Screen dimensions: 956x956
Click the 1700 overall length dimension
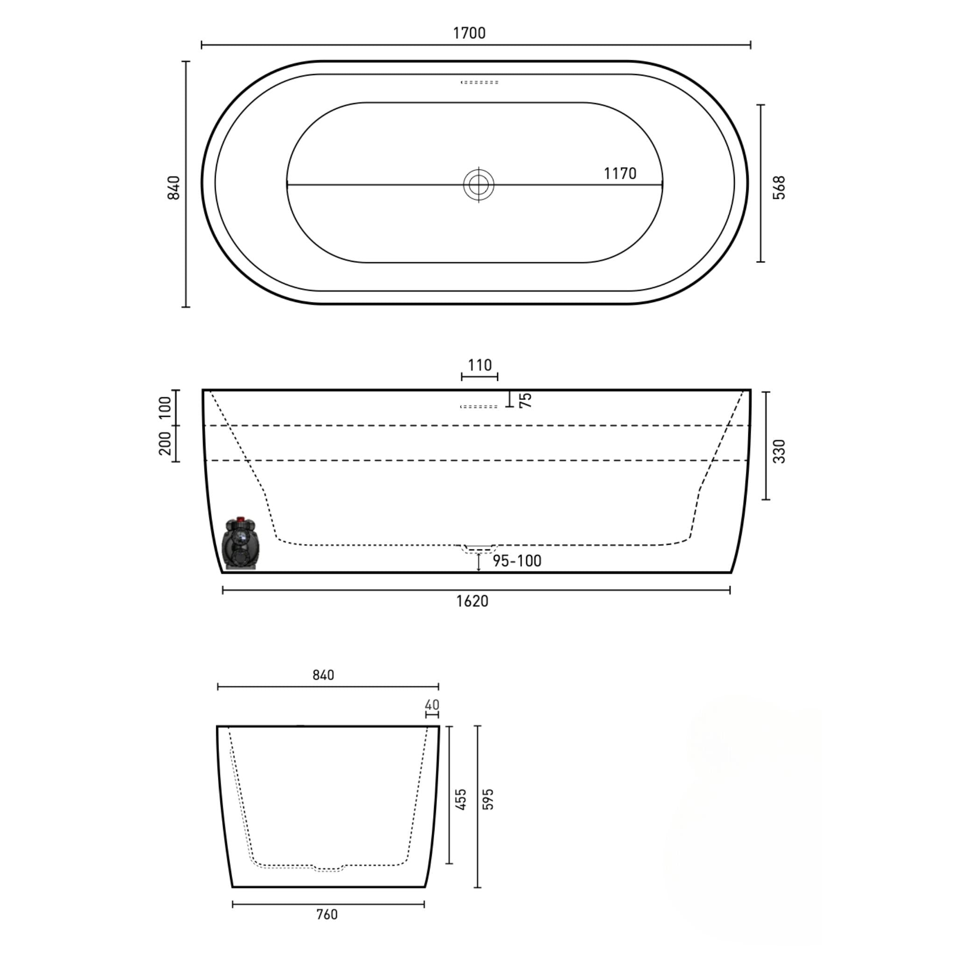click(469, 33)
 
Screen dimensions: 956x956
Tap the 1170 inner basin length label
click(619, 174)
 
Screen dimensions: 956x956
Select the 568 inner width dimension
click(779, 188)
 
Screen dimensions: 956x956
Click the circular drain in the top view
click(478, 184)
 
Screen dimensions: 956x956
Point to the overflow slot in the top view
click(479, 82)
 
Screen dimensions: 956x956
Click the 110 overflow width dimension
click(479, 365)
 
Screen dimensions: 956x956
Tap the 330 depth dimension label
click(779, 451)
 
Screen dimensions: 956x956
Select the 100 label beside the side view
click(165, 407)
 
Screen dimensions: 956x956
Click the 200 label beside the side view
click(165, 443)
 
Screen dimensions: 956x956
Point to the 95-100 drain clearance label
click(517, 561)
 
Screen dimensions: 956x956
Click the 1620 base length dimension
click(472, 601)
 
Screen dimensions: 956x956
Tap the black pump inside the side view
click(241, 544)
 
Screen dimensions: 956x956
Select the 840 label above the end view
click(323, 675)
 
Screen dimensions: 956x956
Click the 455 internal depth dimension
click(461, 799)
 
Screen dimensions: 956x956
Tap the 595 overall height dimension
click(488, 799)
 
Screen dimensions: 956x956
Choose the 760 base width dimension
click(327, 914)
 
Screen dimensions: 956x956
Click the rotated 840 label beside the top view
click(174, 188)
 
